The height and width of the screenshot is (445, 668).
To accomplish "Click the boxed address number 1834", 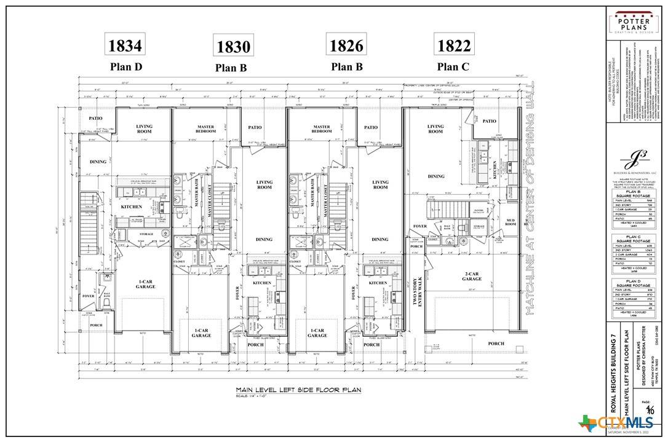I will click(125, 45).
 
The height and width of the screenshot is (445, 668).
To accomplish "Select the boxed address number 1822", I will click(453, 45).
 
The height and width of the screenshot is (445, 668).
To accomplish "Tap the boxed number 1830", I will click(231, 46).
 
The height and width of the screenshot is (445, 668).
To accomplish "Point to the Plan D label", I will click(125, 66).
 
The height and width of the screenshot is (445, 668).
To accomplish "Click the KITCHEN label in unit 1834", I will click(132, 207).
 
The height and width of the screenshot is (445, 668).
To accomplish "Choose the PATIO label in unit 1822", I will click(489, 121).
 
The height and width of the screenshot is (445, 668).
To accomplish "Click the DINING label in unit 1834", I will click(98, 162).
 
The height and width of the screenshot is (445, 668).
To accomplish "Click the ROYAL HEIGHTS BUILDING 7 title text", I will click(613, 371).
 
